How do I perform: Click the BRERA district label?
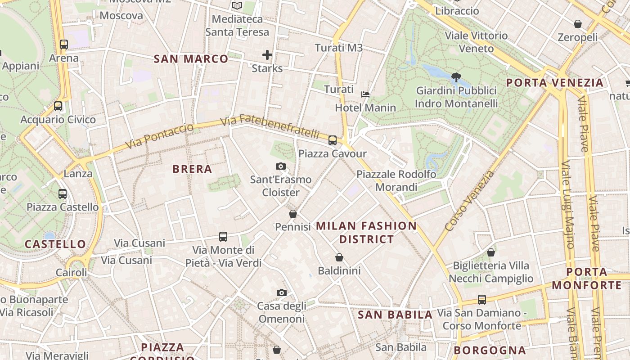(x=192, y=169)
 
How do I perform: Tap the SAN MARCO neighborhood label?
(x=191, y=59)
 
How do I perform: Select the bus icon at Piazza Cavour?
(x=333, y=140)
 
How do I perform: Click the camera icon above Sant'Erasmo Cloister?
(x=281, y=166)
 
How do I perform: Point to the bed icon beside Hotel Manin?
(x=365, y=94)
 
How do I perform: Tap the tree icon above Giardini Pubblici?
(x=456, y=77)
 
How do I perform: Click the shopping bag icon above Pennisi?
(x=293, y=214)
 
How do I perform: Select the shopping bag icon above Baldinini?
(x=339, y=257)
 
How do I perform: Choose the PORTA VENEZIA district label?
(x=554, y=83)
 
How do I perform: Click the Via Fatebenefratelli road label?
(x=270, y=126)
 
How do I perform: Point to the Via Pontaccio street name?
(x=160, y=136)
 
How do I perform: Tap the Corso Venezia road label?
(x=469, y=201)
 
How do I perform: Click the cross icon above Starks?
(x=267, y=55)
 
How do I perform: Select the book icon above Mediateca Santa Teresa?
(x=237, y=6)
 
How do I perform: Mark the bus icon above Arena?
(x=64, y=45)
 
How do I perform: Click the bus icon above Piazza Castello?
(x=63, y=194)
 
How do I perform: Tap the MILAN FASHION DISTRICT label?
(x=366, y=232)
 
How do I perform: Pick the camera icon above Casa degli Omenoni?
(x=281, y=293)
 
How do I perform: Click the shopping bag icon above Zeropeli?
(x=578, y=24)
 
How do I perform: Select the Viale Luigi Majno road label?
(x=568, y=205)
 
